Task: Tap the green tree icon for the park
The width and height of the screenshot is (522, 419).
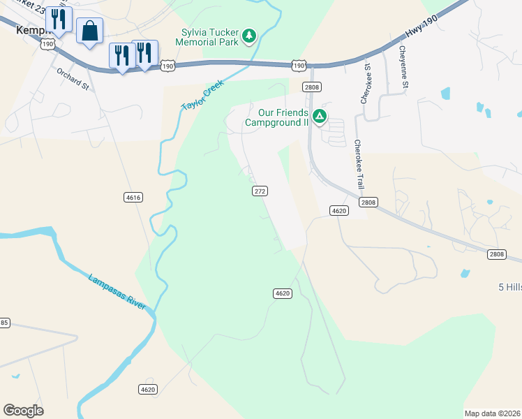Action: [248, 35]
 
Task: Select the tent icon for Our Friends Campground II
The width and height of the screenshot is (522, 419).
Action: [319, 116]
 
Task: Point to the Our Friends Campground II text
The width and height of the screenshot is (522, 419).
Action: [283, 117]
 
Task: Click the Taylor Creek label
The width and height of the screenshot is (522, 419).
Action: [202, 95]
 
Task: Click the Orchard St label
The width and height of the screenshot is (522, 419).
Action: [73, 78]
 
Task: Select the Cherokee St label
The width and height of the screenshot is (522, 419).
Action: [364, 84]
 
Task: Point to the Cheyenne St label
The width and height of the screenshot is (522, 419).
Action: [403, 67]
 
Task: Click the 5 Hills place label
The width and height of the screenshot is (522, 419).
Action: [509, 287]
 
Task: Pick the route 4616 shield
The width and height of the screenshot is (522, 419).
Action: [133, 198]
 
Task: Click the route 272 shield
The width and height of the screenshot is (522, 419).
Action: [260, 191]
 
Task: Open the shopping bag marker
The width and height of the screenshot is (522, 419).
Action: [89, 31]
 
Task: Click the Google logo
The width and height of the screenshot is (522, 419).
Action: [23, 411]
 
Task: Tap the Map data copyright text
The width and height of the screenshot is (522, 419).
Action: [492, 413]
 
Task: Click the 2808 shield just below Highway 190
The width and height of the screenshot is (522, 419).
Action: [311, 87]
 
